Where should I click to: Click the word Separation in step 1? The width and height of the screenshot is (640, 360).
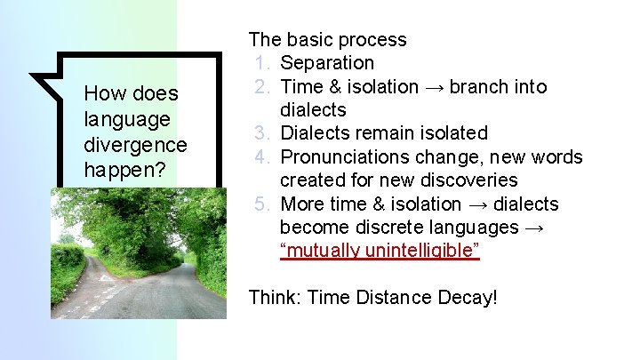pyautogui.click(x=327, y=63)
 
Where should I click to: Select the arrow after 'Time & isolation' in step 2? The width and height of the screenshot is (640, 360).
pyautogui.click(x=435, y=87)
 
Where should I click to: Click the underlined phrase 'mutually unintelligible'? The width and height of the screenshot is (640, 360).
pyautogui.click(x=380, y=251)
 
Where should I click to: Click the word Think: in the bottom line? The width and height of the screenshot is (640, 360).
pyautogui.click(x=275, y=297)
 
